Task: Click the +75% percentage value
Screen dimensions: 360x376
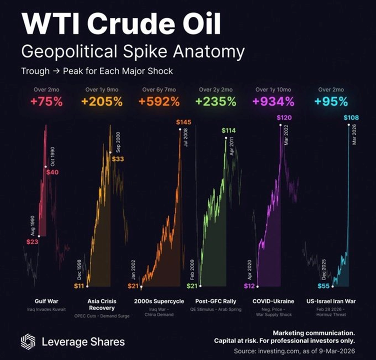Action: pyautogui.click(x=46, y=101)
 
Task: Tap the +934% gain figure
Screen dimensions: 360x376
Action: pyautogui.click(x=274, y=101)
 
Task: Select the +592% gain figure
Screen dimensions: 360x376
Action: pyautogui.click(x=160, y=101)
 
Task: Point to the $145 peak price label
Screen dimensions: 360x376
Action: pyautogui.click(x=184, y=122)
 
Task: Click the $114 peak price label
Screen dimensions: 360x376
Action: pyautogui.click(x=229, y=130)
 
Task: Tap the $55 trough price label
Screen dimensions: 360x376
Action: pyautogui.click(x=323, y=285)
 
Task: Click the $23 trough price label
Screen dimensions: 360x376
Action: pyautogui.click(x=32, y=242)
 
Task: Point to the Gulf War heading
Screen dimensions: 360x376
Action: pyautogui.click(x=46, y=301)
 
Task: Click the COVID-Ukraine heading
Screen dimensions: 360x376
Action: pyautogui.click(x=273, y=301)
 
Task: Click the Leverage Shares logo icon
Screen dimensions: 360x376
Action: pyautogui.click(x=28, y=341)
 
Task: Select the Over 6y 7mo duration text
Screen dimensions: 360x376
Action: pyautogui.click(x=160, y=89)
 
